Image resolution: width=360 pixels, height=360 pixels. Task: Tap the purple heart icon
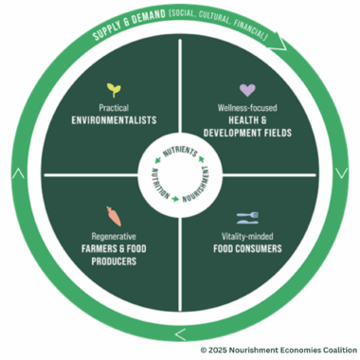click(x=246, y=90)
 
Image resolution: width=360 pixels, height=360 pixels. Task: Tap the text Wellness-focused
click(x=245, y=108)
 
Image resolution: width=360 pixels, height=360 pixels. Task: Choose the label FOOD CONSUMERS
click(x=246, y=248)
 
